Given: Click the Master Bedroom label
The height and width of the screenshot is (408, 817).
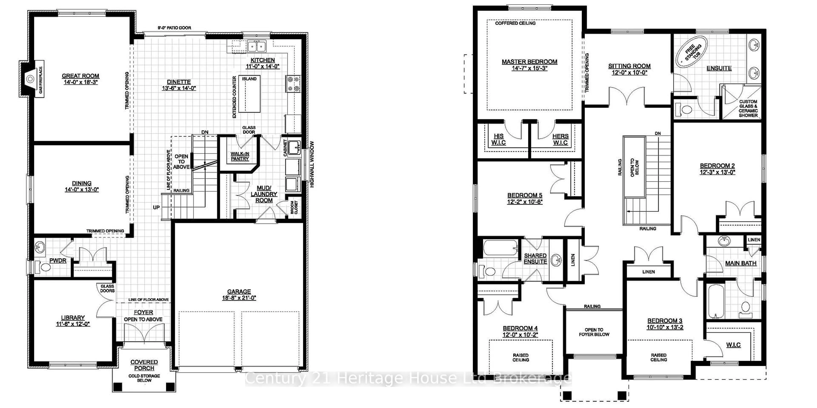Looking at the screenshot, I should click(529, 62).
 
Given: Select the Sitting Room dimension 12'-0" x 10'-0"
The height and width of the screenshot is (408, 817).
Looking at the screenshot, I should click(629, 73).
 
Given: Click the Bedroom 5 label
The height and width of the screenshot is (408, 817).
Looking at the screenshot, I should click(525, 195).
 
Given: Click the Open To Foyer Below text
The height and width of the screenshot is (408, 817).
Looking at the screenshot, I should click(594, 332).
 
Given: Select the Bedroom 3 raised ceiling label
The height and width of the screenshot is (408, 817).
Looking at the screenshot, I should click(658, 357).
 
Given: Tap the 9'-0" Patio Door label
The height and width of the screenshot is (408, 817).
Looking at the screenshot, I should click(174, 28).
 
